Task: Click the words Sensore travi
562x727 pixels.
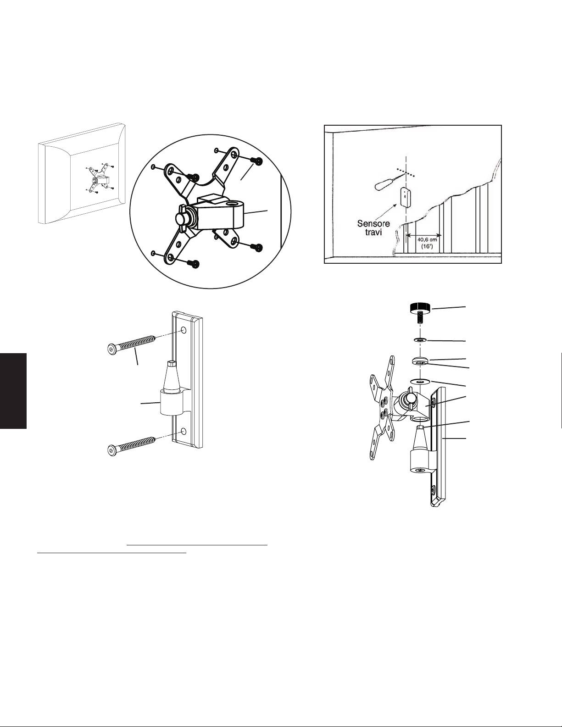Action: click(x=373, y=228)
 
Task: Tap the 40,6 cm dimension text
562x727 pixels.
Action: click(x=427, y=239)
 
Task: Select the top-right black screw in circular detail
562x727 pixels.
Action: click(x=257, y=161)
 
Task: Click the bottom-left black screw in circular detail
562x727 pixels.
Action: click(x=194, y=264)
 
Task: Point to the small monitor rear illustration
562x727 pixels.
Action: click(x=82, y=173)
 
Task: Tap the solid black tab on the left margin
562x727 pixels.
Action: click(x=13, y=390)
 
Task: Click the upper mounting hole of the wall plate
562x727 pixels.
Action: click(x=184, y=331)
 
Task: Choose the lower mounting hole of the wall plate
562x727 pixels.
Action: click(x=184, y=431)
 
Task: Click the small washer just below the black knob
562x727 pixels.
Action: click(x=419, y=340)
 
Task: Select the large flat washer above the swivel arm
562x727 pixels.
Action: click(x=419, y=381)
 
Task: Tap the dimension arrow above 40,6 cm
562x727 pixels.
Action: click(x=423, y=234)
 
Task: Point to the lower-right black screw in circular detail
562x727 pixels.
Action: click(x=258, y=248)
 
